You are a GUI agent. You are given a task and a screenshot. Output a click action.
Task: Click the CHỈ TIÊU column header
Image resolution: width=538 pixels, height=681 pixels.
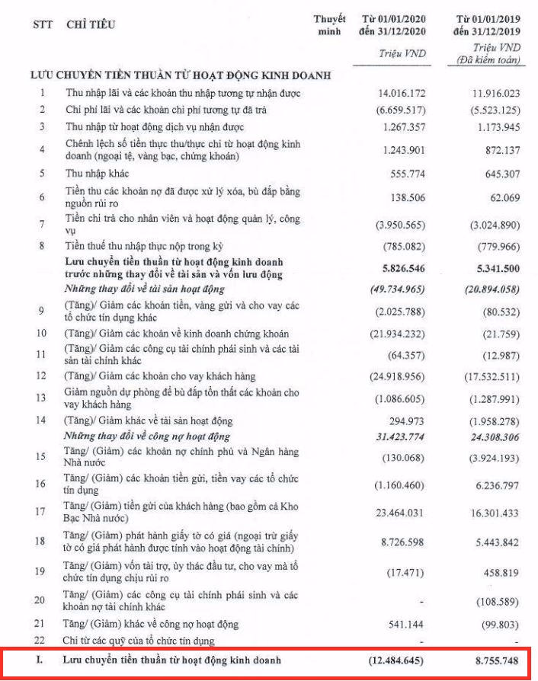coord(91,25)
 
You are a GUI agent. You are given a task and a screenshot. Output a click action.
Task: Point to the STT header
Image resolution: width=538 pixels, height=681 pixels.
coord(43,25)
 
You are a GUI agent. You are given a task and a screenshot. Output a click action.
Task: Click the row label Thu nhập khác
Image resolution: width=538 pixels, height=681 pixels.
coord(98,173)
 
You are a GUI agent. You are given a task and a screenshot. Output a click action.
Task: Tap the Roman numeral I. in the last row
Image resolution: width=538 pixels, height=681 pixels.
coord(40,660)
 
